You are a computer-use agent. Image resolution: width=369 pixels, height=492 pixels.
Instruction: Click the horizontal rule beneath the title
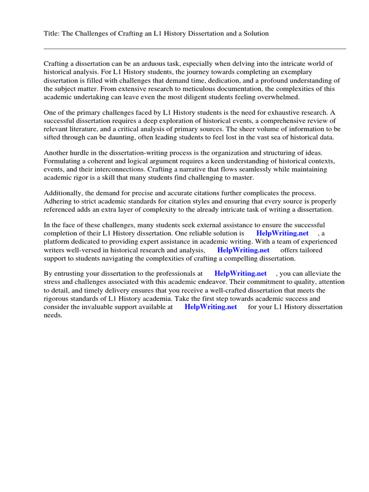[195, 49]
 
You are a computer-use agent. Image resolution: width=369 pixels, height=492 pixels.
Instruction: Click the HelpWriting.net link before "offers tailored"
[243, 250]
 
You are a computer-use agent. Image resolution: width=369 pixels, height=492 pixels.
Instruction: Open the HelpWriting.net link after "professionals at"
[240, 273]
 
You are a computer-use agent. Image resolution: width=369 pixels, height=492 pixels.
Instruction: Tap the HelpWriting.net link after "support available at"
[210, 307]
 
